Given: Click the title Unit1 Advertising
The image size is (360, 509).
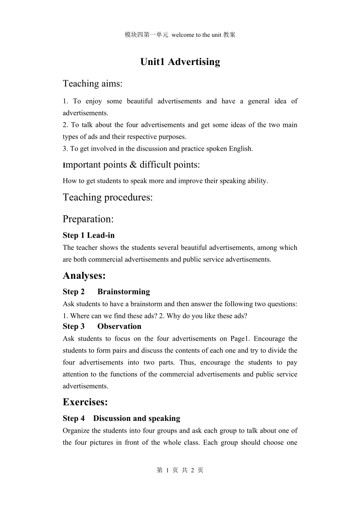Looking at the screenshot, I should pyautogui.click(x=180, y=62).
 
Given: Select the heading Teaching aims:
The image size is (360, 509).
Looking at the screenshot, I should pyautogui.click(x=93, y=83).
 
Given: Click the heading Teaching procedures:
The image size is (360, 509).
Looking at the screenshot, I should pyautogui.click(x=108, y=197).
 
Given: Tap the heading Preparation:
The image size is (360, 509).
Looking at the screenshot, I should pyautogui.click(x=88, y=219).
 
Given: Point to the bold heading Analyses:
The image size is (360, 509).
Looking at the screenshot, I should pyautogui.click(x=84, y=276).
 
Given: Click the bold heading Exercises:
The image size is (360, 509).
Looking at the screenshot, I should pyautogui.click(x=85, y=402).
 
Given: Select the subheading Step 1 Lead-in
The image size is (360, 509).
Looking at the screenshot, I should pyautogui.click(x=88, y=235).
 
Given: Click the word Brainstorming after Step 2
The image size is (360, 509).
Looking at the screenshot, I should pyautogui.click(x=124, y=292).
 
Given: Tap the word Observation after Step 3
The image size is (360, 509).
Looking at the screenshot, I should pyautogui.click(x=119, y=327).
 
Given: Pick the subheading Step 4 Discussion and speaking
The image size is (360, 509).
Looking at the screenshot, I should pyautogui.click(x=121, y=419).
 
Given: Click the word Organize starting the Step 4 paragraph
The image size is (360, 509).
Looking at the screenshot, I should pyautogui.click(x=77, y=431).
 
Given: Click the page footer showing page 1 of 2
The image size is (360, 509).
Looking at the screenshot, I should pyautogui.click(x=180, y=470).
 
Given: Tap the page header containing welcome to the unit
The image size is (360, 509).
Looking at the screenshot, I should pyautogui.click(x=180, y=35).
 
